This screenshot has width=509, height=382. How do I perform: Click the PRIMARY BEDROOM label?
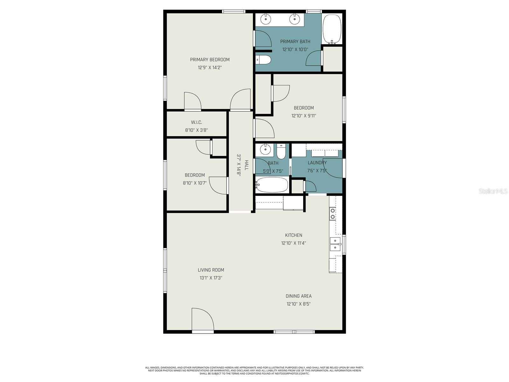(x=210, y=60)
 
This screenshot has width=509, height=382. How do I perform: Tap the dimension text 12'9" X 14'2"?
(x=210, y=67)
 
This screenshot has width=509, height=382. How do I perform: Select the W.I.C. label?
(x=196, y=122)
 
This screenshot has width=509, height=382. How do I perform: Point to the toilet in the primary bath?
(x=263, y=60)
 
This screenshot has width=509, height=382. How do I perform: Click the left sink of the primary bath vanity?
(x=266, y=19)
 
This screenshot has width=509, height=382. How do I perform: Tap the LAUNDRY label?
(x=317, y=163)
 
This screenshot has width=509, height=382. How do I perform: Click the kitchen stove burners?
(x=332, y=214)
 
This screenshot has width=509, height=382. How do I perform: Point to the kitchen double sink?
(x=335, y=244)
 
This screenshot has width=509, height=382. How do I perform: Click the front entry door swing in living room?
(x=202, y=319)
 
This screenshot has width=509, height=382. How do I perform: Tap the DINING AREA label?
(x=298, y=296)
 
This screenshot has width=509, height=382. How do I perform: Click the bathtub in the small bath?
(x=272, y=185)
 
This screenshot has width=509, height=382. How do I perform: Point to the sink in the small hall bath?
(x=265, y=149)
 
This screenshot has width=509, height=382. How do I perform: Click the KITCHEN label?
(x=293, y=235)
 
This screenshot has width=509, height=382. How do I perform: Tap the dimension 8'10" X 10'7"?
(x=195, y=183)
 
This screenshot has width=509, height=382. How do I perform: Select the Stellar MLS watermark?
(x=493, y=191)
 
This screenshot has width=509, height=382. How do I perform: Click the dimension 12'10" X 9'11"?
(x=304, y=116)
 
